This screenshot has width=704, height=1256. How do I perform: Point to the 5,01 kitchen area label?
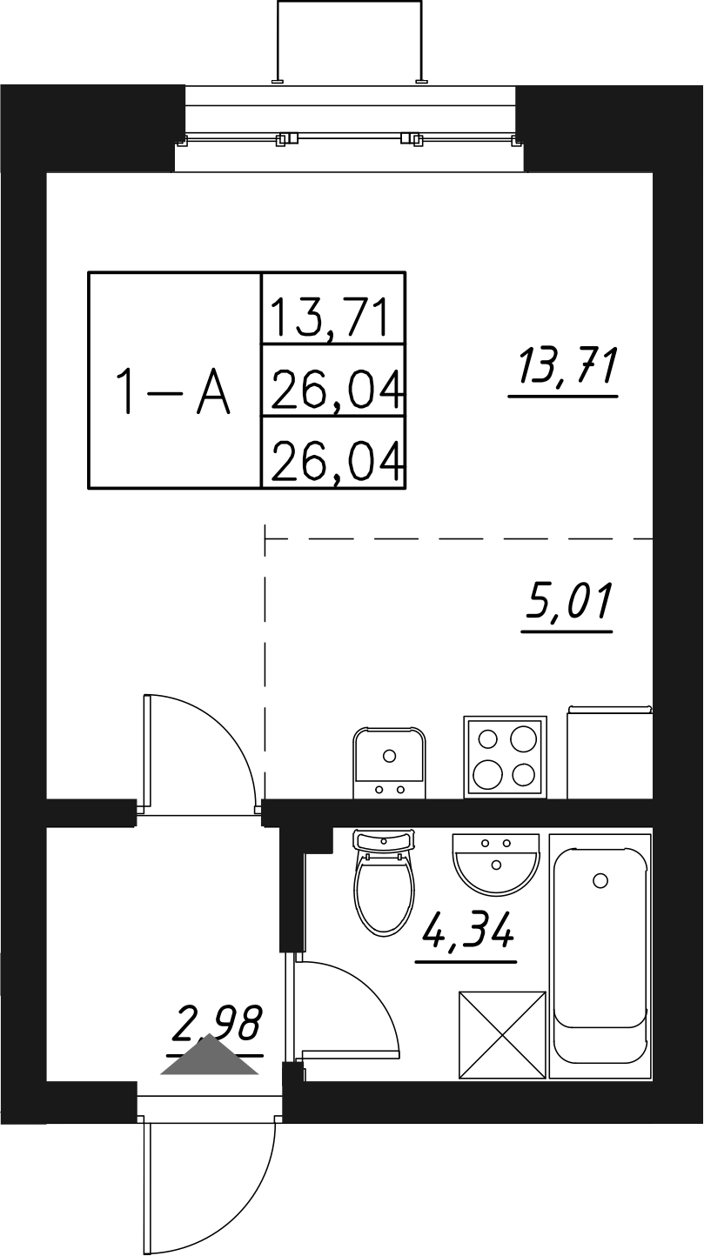click(x=568, y=601)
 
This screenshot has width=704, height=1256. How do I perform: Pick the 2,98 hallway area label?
click(x=218, y=1023)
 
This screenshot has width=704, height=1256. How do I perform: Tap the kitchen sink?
click(x=389, y=762)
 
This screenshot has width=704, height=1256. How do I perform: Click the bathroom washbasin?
click(x=496, y=861)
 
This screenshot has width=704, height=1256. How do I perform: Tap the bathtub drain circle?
click(x=600, y=880)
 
